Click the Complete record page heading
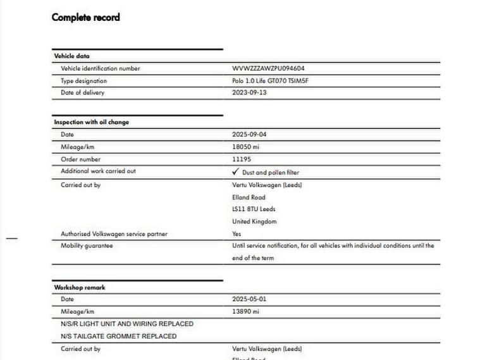coord(85,17)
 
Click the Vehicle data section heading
coord(71,56)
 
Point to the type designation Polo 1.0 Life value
coord(271,81)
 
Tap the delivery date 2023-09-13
coord(249,93)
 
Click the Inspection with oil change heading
coord(91,122)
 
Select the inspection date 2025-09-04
coord(249,135)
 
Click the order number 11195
coord(242,159)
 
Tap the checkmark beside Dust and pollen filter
coord(235,171)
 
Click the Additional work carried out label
coord(98,171)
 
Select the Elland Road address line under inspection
coord(249,197)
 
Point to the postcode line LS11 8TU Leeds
coord(254,209)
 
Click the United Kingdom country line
coord(254,222)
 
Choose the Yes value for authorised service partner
coord(237,234)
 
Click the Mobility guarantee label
coord(87,246)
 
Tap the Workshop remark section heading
coord(79,287)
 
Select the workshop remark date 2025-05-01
coord(249,299)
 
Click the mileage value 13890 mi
coord(246,312)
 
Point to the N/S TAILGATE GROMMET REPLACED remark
coord(119,337)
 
